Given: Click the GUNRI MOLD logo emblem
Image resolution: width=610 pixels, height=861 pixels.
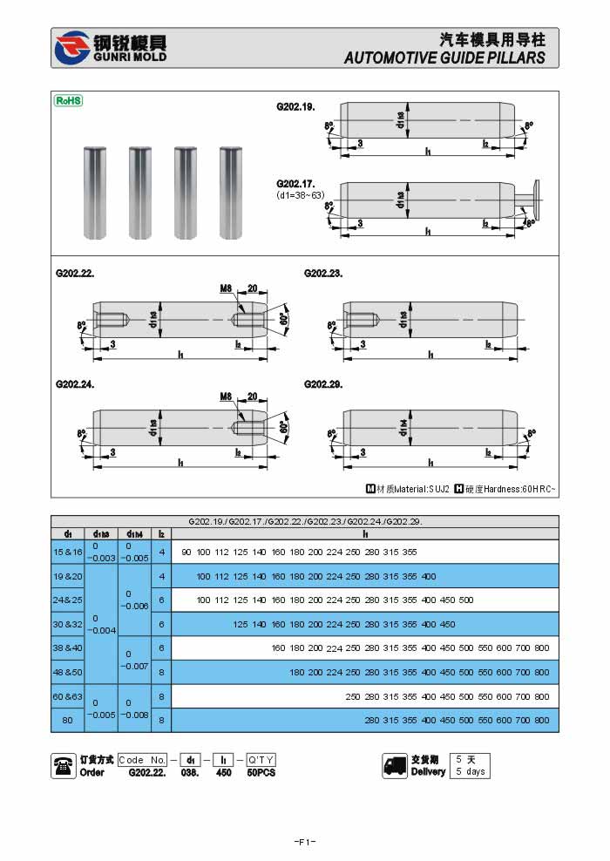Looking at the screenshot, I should [71, 48].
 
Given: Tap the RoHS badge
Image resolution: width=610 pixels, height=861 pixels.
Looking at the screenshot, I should [68, 100].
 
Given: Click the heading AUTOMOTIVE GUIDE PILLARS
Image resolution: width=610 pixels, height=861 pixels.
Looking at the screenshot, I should [444, 58].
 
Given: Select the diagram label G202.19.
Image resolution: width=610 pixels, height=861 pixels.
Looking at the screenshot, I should [295, 106].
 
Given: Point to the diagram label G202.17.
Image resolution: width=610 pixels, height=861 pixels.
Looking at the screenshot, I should [295, 184].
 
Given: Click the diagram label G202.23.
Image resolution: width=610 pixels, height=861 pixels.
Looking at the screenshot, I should [323, 273].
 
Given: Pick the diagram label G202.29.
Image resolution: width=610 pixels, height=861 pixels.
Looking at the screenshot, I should [323, 383].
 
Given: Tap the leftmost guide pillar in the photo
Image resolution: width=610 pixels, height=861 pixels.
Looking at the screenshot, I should [94, 193].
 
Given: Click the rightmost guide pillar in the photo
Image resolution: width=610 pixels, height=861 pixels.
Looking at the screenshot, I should [229, 193].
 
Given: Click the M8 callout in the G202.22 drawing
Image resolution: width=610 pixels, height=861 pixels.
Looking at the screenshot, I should [227, 288].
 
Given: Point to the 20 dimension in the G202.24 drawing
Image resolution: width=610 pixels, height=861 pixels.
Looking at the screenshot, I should [253, 397].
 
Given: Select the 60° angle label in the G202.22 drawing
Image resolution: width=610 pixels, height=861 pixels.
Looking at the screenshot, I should [284, 319].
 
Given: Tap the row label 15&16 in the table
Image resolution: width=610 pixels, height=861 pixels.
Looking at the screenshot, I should [67, 552].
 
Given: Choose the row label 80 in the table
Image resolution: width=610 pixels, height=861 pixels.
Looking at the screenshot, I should [67, 720].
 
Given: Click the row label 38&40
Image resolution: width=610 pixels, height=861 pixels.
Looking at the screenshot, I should [67, 647].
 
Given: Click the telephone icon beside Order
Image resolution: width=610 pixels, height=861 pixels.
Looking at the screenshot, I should [63, 765].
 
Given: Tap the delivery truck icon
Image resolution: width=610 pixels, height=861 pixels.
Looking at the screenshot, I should [394, 765].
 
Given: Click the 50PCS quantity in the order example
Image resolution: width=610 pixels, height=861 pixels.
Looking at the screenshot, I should [261, 772].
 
